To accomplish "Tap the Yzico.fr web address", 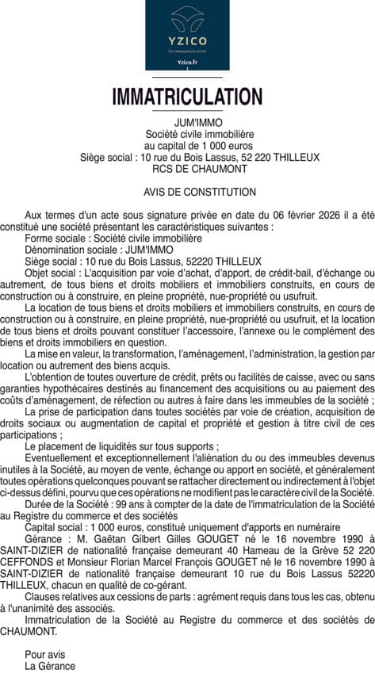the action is point(187,61).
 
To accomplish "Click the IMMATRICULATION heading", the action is point(187,97).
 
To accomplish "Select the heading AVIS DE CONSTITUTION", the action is point(200,192).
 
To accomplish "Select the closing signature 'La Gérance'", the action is point(50,666).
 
